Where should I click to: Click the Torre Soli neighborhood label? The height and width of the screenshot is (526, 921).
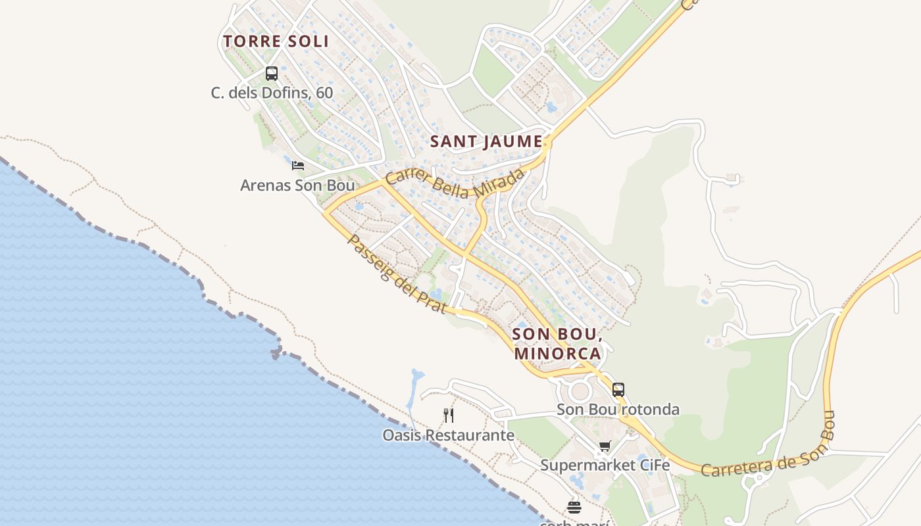tap(276, 41)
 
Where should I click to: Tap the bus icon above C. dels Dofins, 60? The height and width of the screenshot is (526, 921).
tap(272, 74)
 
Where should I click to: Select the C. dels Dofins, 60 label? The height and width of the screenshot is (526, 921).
tap(272, 93)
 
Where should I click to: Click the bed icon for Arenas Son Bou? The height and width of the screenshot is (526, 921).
tap(298, 165)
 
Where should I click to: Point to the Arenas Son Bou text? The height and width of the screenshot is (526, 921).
tap(297, 185)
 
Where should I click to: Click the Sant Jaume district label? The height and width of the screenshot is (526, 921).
tap(486, 141)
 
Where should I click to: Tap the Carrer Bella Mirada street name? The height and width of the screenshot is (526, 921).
tap(455, 182)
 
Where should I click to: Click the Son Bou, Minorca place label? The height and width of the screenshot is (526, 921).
tap(557, 343)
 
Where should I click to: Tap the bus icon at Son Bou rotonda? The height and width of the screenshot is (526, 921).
tap(618, 389)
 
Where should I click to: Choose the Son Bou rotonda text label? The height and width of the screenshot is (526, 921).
tap(618, 410)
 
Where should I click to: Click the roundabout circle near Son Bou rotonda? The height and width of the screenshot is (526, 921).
tap(580, 392)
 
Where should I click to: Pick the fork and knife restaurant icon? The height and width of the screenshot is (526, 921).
tap(449, 415)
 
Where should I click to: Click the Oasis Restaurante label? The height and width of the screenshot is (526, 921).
tap(448, 435)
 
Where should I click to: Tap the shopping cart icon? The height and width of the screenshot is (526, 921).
tap(605, 446)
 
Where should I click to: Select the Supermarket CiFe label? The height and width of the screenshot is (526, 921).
tap(605, 466)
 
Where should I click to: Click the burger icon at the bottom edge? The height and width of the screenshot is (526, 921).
tap(574, 508)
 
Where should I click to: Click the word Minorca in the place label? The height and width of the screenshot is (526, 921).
tap(557, 353)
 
